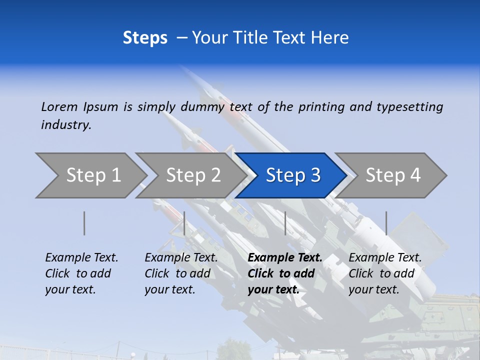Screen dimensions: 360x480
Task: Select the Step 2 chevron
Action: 193,175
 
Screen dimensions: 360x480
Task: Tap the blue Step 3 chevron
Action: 293,175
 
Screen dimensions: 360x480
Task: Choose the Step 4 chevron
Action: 393,175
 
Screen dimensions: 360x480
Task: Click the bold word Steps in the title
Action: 145,38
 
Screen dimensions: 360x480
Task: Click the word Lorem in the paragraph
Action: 59,106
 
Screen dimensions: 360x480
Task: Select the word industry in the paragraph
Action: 66,124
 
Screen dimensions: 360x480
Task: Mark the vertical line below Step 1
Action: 84,223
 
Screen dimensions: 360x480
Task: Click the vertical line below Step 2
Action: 184,223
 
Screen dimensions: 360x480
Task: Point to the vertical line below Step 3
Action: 285,223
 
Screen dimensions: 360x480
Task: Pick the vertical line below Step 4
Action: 386,223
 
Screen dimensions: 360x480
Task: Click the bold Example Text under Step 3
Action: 285,258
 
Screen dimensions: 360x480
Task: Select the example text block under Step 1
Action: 81,273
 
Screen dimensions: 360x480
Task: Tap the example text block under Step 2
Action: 181,273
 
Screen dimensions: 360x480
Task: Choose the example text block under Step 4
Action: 385,273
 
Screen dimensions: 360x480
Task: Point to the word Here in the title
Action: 330,38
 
